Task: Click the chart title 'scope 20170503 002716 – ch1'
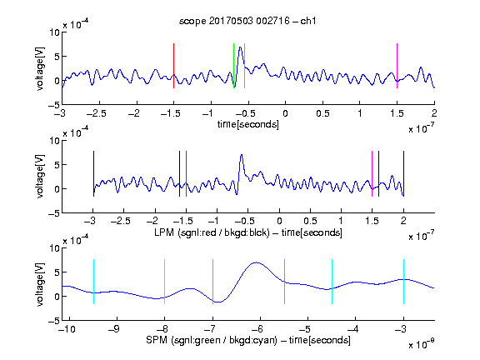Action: (247, 21)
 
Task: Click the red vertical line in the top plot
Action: (173, 66)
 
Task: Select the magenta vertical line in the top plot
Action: (397, 66)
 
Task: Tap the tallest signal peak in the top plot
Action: (241, 47)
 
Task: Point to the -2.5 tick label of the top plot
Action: (97, 113)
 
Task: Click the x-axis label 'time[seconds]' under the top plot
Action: (248, 124)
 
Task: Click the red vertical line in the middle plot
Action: (186, 173)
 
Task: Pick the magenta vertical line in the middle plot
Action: (372, 173)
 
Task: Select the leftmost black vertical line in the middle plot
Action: (93, 173)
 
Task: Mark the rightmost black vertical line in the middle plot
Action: (403, 173)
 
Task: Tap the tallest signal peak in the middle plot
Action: (242, 155)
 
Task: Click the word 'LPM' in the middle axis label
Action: (164, 232)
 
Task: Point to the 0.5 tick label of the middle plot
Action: (310, 221)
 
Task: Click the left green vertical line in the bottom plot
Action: (212, 282)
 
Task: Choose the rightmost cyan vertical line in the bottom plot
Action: (403, 282)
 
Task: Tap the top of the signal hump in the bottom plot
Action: (257, 262)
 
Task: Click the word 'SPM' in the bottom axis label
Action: (157, 340)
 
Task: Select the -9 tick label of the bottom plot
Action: (115, 329)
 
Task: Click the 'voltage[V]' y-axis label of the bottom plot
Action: (40, 284)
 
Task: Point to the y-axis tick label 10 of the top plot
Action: (55, 32)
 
